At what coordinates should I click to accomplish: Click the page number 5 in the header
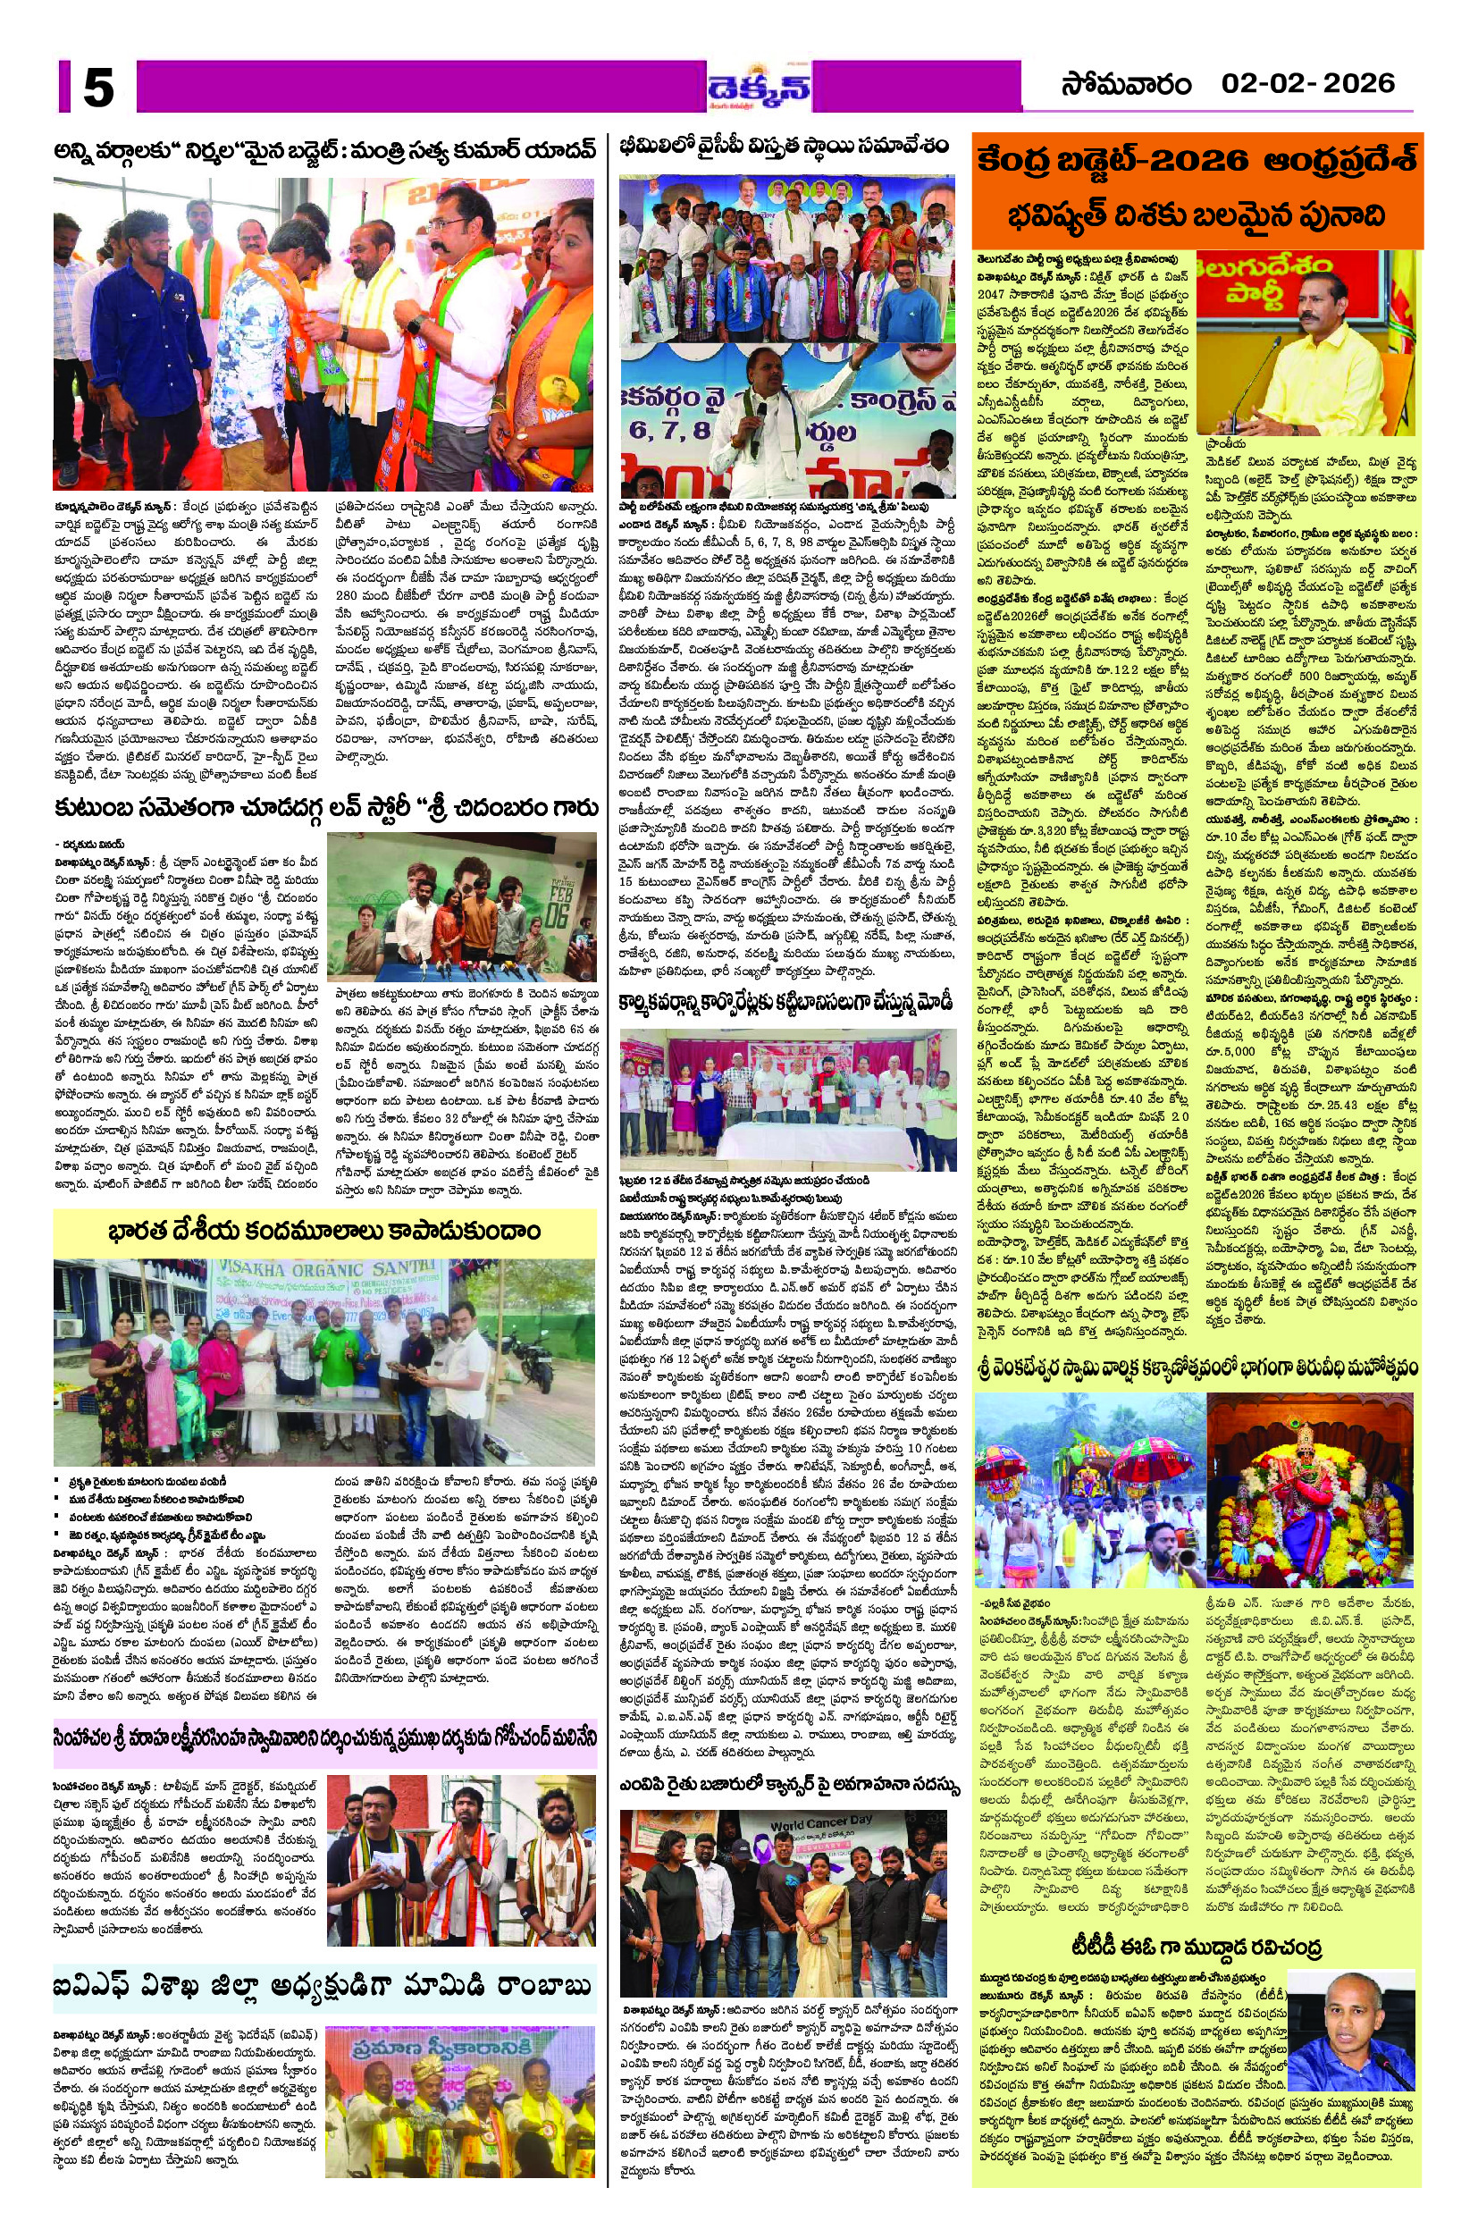coord(98,88)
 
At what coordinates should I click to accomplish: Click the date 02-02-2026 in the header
coord(1307,84)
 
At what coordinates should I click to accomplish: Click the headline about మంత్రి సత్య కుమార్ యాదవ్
coord(324,151)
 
